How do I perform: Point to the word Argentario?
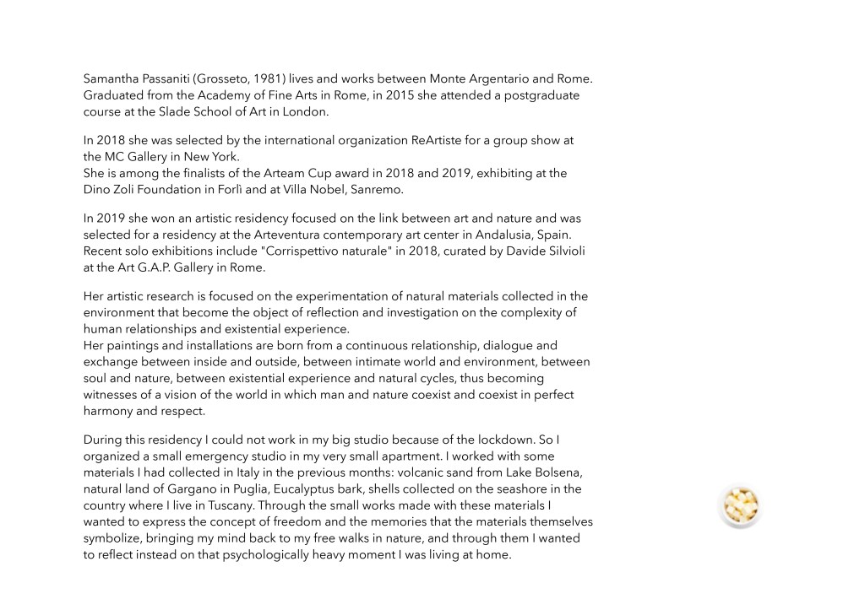tap(505, 79)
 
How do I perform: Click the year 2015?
tap(400, 95)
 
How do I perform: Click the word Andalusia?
tap(468, 235)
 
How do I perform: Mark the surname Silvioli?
tap(558, 251)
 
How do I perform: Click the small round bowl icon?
tap(740, 506)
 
